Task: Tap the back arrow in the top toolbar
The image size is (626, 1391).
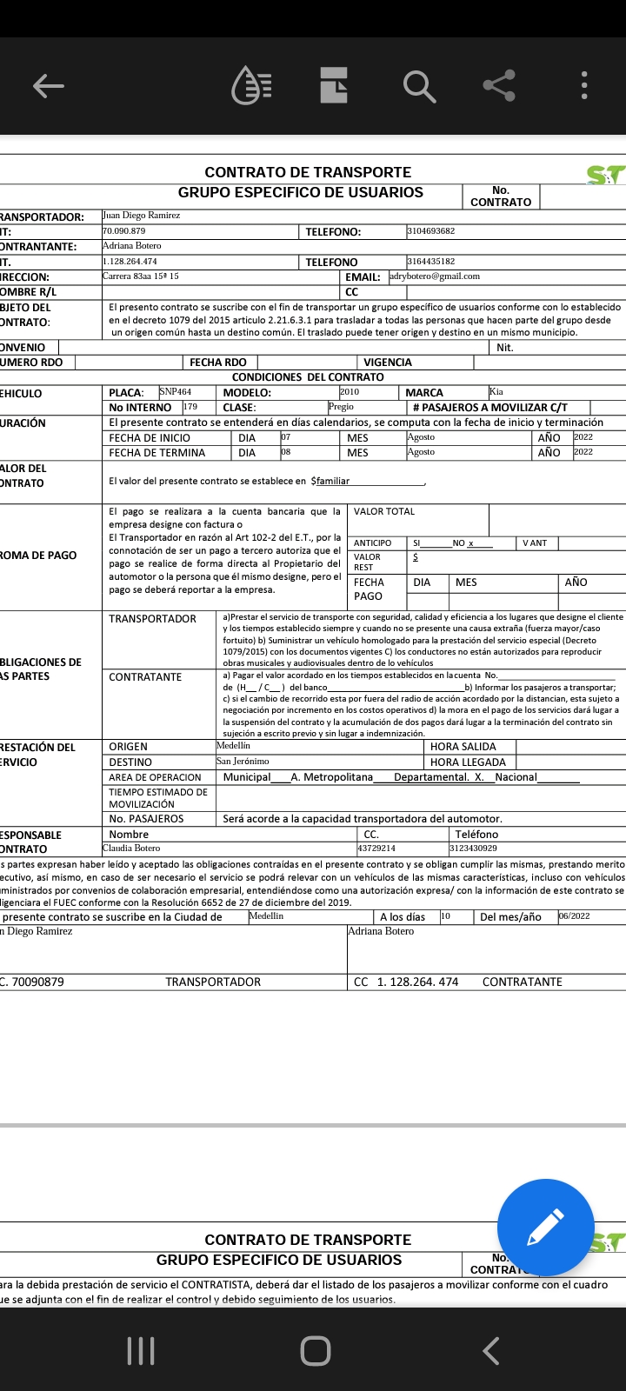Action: [49, 85]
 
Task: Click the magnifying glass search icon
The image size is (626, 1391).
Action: [418, 86]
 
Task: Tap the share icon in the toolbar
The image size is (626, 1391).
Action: [499, 85]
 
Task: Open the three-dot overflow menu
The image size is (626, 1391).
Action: [584, 85]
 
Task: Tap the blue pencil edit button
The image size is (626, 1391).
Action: [545, 1227]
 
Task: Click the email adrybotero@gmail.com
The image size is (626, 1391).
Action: [435, 276]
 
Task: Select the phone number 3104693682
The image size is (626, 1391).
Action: [430, 231]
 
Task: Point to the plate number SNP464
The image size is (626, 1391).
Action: [175, 392]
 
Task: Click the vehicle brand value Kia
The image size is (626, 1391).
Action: [496, 392]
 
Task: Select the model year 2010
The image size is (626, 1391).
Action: [349, 392]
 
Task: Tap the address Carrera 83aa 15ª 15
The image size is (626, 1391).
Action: [141, 276]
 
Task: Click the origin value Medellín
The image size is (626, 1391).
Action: [233, 746]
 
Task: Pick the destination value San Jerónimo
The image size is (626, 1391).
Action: [243, 762]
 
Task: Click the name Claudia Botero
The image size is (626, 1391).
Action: [131, 848]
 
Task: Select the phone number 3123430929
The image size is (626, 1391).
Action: [473, 848]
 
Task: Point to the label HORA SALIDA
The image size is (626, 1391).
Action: [463, 747]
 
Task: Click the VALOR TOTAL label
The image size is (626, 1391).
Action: [384, 511]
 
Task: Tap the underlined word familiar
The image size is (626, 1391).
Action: [333, 481]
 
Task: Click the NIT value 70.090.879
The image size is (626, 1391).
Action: [124, 231]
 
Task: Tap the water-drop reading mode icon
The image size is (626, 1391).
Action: [251, 85]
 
